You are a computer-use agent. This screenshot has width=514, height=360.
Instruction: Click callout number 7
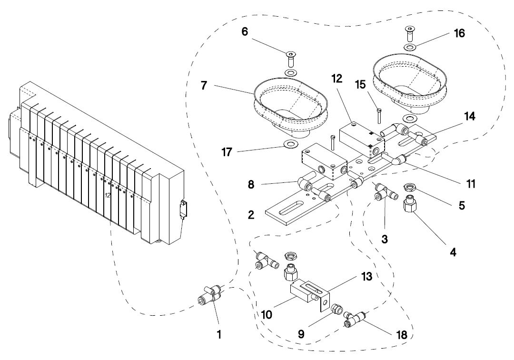pos(204,86)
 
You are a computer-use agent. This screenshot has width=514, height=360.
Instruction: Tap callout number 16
pos(459,33)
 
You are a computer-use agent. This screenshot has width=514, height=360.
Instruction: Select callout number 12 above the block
pos(336,79)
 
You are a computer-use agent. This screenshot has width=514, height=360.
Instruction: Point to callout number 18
pos(402,335)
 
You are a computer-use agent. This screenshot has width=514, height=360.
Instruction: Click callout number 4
pos(453,252)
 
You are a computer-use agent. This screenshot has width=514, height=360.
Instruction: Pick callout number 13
pos(367,276)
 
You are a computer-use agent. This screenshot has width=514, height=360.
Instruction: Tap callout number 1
pos(219,334)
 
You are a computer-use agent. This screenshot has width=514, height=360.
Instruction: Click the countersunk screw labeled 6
pos(290,58)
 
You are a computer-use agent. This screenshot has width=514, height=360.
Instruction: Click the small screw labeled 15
pos(379,116)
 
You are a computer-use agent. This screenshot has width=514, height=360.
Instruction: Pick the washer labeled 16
pos(409,47)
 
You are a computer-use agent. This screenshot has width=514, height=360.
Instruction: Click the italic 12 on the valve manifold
pos(108,195)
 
